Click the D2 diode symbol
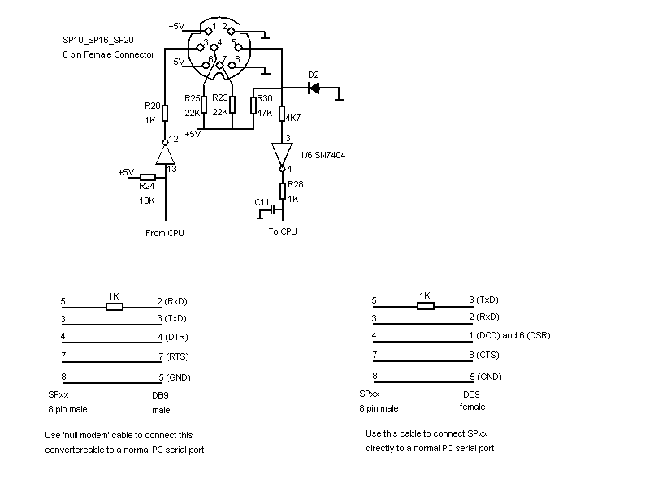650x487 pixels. (314, 88)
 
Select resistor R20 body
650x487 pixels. (165, 113)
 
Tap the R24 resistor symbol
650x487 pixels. (148, 177)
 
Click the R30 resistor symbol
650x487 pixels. (253, 106)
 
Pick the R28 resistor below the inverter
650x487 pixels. (283, 191)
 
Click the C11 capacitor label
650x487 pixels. (262, 201)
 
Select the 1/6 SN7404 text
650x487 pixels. (323, 154)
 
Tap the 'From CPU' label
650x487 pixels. (165, 233)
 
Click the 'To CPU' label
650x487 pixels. (283, 231)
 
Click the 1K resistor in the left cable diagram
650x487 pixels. (115, 307)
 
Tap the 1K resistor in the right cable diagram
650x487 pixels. (426, 306)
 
